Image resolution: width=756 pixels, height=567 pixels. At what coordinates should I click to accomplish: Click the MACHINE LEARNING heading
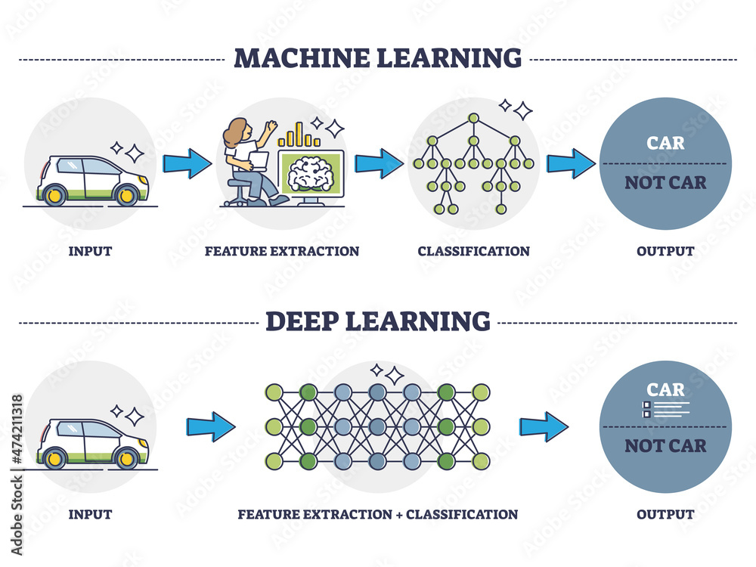tap(377, 57)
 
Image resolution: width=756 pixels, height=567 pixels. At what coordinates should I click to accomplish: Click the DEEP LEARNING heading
tap(377, 321)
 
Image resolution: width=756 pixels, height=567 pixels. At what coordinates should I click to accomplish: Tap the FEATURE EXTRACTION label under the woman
tap(282, 251)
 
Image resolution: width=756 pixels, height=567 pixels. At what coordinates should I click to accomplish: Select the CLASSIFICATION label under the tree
tap(473, 251)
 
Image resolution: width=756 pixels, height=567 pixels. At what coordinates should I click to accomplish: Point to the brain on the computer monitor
tap(311, 172)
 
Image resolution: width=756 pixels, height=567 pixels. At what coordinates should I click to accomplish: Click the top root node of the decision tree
tap(473, 118)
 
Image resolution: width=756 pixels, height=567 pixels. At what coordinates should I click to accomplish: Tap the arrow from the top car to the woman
tap(187, 163)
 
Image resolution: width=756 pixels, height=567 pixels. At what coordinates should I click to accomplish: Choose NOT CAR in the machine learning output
tap(665, 182)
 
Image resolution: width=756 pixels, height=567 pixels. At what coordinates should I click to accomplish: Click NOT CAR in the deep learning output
tap(665, 445)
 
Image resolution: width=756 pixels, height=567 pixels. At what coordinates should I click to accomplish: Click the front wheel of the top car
tap(125, 195)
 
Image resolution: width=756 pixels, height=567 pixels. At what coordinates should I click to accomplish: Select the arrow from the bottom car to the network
tap(211, 426)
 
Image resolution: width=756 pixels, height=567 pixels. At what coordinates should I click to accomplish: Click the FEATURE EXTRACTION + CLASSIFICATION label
tap(377, 514)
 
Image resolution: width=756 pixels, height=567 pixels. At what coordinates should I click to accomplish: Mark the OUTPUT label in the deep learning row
tap(665, 514)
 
